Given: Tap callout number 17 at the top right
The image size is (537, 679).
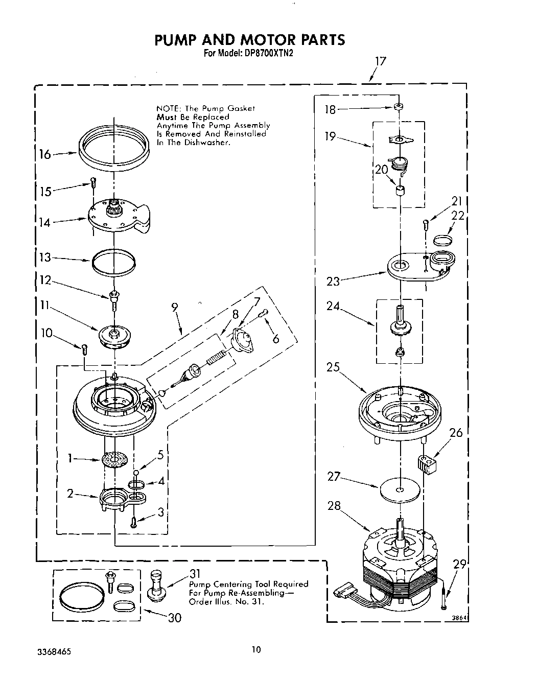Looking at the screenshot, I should (380, 61).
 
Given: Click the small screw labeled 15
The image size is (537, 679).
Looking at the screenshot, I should (93, 181).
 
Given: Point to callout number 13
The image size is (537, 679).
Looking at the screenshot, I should (45, 257).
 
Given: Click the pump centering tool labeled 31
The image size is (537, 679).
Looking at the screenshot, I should (155, 585).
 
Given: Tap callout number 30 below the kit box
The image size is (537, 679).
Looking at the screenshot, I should (175, 618).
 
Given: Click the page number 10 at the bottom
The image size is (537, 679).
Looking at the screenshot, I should (256, 649).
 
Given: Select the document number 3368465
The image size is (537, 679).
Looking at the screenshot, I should (54, 652).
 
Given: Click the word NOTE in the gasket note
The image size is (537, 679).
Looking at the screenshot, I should (168, 108).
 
